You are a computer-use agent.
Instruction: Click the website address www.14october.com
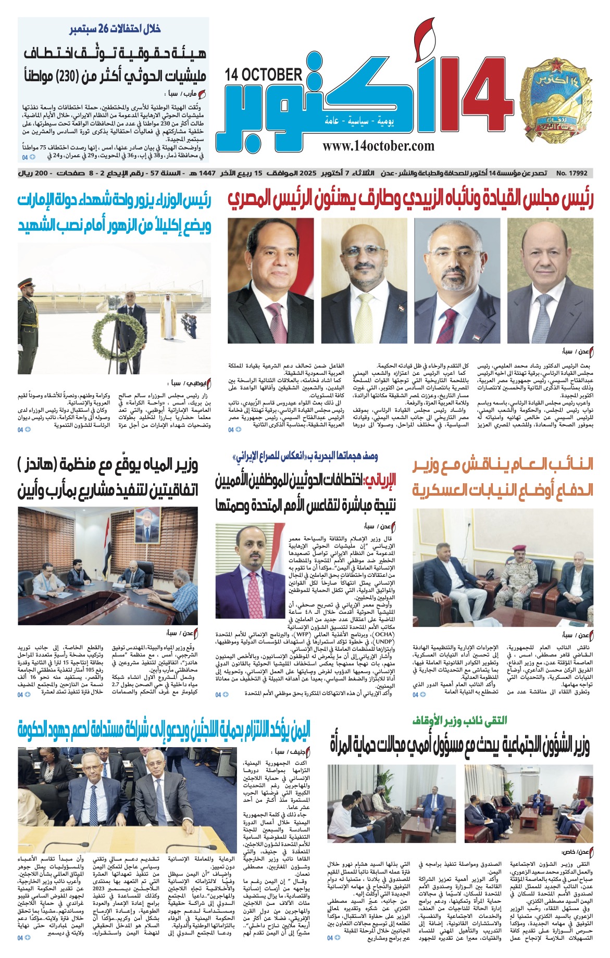378,146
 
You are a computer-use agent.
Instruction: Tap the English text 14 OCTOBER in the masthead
264,75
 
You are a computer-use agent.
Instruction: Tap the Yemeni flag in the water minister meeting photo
107,552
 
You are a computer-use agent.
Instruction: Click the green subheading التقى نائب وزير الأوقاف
458,721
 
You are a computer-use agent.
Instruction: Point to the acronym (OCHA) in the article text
384,635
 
